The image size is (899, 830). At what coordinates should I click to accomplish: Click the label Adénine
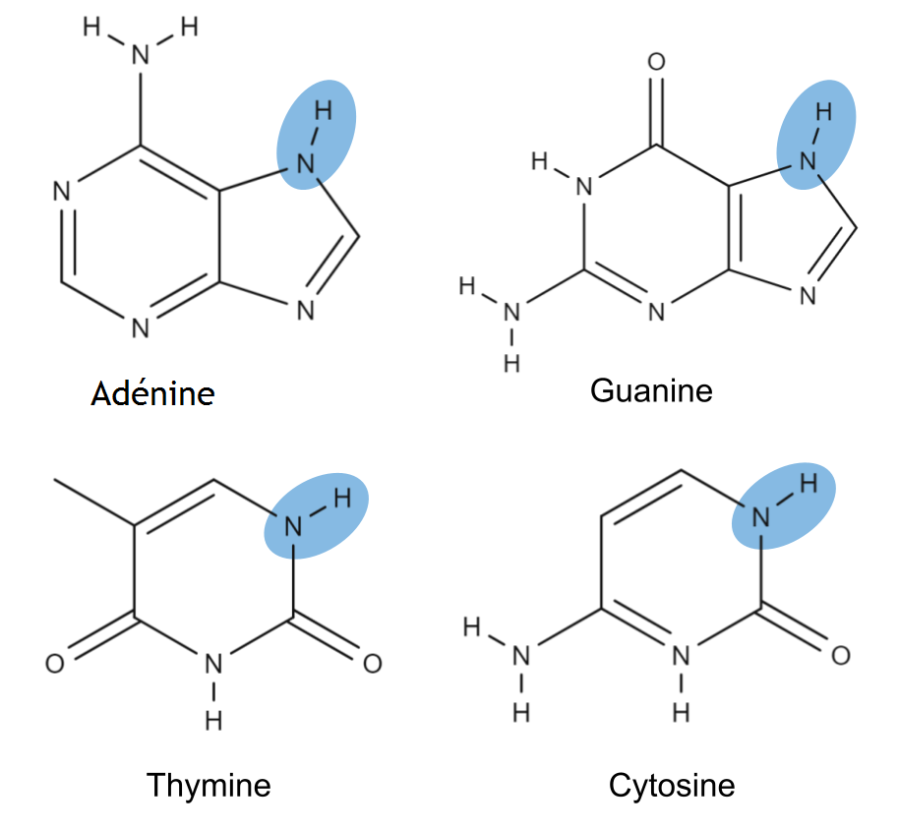pyautogui.click(x=152, y=394)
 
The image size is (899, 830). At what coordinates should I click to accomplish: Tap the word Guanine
pyautogui.click(x=651, y=390)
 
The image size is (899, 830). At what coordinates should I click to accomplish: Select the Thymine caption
pyautogui.click(x=209, y=786)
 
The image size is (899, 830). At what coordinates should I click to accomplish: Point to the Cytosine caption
pyautogui.click(x=672, y=786)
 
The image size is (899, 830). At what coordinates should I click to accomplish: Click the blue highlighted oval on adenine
pyautogui.click(x=317, y=133)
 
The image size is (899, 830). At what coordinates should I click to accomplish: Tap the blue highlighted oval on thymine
pyautogui.click(x=316, y=516)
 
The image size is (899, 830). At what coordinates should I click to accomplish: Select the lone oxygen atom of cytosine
pyautogui.click(x=841, y=655)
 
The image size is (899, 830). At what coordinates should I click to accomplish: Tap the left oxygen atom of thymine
pyautogui.click(x=55, y=665)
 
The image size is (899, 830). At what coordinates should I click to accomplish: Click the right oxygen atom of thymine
pyautogui.click(x=373, y=665)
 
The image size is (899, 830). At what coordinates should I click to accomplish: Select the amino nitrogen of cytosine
pyautogui.click(x=521, y=655)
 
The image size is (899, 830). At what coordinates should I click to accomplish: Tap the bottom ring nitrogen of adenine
pyautogui.click(x=141, y=328)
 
